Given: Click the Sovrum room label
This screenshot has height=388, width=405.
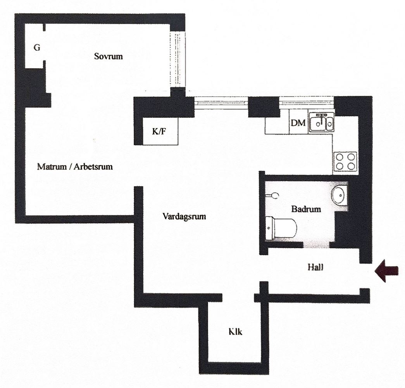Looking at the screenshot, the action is (x=108, y=56).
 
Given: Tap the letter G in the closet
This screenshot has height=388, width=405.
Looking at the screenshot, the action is (x=37, y=48).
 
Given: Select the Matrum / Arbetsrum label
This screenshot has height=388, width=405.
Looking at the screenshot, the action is (x=75, y=166).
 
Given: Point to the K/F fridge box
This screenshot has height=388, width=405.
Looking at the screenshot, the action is (x=160, y=132).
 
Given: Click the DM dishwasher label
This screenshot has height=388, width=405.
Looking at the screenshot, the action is (x=298, y=123).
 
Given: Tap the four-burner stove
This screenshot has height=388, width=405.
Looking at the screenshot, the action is (x=345, y=161).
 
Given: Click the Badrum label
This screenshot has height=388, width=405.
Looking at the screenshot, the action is (x=306, y=209).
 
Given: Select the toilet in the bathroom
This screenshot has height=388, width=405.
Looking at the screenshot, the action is (x=281, y=229).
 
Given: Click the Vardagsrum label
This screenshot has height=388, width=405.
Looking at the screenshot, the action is (x=184, y=216).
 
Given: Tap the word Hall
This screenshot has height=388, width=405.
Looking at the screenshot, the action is (x=315, y=267).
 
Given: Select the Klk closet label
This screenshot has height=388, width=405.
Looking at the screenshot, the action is (x=235, y=332).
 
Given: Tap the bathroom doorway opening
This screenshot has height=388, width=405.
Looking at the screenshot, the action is (x=316, y=245).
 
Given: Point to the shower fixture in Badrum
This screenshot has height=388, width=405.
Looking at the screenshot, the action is (x=272, y=195).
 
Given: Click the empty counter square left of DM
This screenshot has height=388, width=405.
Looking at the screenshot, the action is (x=277, y=126).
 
